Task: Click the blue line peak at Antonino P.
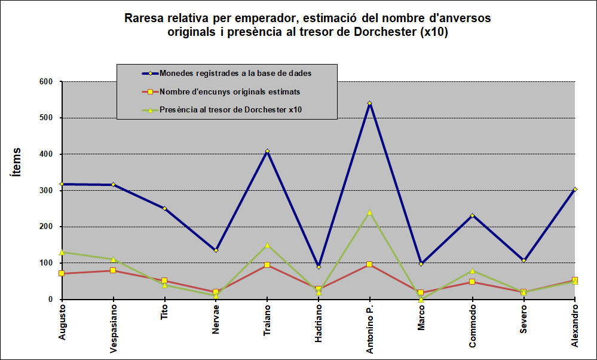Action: click(370, 103)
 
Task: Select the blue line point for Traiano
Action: click(267, 151)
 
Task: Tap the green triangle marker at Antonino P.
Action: click(370, 212)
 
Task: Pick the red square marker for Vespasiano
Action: click(113, 270)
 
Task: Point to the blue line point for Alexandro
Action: click(575, 189)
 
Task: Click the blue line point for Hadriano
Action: click(319, 267)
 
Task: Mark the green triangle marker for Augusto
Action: click(62, 252)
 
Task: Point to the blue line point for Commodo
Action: click(472, 215)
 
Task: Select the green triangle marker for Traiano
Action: click(267, 245)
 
